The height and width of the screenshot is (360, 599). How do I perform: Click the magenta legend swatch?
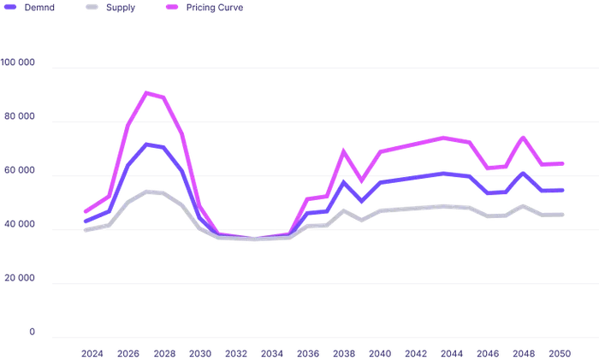coord(171,8)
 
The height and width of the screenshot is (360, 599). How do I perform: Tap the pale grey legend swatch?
coord(92,8)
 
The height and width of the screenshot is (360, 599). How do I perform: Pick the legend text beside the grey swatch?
coord(121,8)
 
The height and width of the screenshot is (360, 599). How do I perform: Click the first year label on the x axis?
coord(91,351)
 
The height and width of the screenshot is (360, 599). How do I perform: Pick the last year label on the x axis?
coord(561,351)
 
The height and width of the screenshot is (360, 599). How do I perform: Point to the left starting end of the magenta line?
coord(85,210)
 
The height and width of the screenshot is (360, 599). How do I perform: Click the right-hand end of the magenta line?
coord(565,163)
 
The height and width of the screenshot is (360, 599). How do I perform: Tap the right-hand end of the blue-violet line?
coord(565,190)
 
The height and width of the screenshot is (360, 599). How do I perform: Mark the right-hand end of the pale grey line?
coord(565,212)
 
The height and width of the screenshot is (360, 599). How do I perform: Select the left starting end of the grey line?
coord(85,228)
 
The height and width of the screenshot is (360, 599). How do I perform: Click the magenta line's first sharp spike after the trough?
coord(342,152)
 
